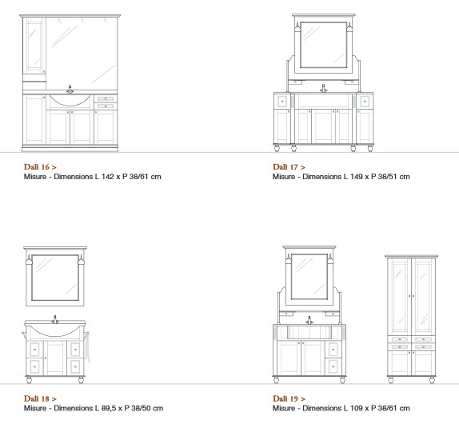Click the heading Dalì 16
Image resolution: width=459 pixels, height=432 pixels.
point(37,167)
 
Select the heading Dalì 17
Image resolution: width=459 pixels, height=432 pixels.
point(285,167)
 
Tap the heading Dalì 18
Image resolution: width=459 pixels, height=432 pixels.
point(37,398)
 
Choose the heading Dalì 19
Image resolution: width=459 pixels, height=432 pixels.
point(285,398)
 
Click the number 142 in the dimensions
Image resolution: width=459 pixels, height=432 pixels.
point(107,177)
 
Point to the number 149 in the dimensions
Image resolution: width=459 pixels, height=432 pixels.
point(357,177)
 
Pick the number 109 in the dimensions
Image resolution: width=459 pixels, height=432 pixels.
point(357,408)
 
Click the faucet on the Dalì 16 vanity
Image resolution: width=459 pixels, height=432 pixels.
point(70,90)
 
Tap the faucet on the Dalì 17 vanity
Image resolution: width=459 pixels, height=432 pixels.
point(324,89)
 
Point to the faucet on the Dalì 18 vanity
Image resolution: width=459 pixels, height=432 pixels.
point(54,319)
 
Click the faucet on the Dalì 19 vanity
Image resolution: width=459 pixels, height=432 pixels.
point(309,320)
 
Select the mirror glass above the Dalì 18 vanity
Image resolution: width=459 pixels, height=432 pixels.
point(55,278)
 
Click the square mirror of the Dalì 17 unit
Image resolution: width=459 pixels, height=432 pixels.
point(324,45)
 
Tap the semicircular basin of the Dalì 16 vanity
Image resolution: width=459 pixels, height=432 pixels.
point(70,100)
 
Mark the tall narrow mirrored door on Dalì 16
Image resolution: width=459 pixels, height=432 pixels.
point(34,46)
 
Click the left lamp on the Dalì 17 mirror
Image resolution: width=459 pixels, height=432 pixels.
point(297,28)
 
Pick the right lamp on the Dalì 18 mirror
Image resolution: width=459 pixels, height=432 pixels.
point(81,260)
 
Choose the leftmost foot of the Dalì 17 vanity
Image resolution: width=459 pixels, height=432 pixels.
point(277,148)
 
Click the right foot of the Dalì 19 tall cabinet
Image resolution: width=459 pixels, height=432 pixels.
point(432,380)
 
